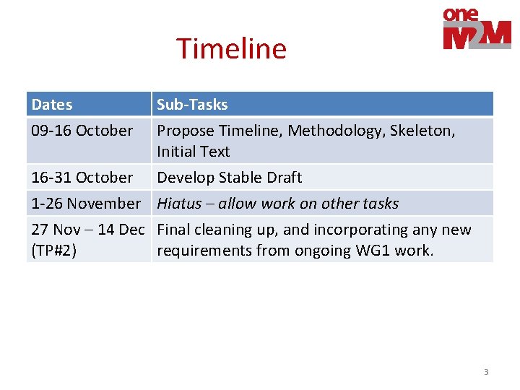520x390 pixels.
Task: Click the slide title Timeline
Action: [x=231, y=49]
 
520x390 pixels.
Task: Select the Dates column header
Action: [x=52, y=105]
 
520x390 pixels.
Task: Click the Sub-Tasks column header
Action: [x=192, y=105]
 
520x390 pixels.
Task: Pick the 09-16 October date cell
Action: [x=82, y=131]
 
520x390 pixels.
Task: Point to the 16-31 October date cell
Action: [x=82, y=178]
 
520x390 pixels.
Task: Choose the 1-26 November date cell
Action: [x=86, y=204]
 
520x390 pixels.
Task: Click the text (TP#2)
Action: [x=55, y=250]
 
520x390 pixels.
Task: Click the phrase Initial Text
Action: [x=194, y=152]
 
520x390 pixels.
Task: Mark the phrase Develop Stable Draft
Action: [x=230, y=178]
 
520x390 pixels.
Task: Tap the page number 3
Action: [x=486, y=372]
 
